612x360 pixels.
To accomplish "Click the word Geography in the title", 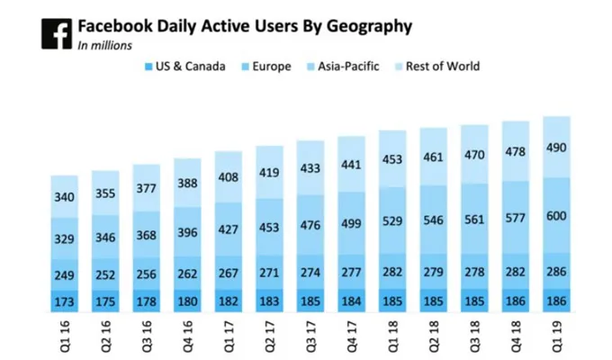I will [x=368, y=26].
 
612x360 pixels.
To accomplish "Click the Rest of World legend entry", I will [x=438, y=66].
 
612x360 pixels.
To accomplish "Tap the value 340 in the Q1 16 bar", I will [x=65, y=197].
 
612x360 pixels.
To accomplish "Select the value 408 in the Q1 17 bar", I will [x=229, y=177].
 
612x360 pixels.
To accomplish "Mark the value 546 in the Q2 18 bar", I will [x=434, y=219].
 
